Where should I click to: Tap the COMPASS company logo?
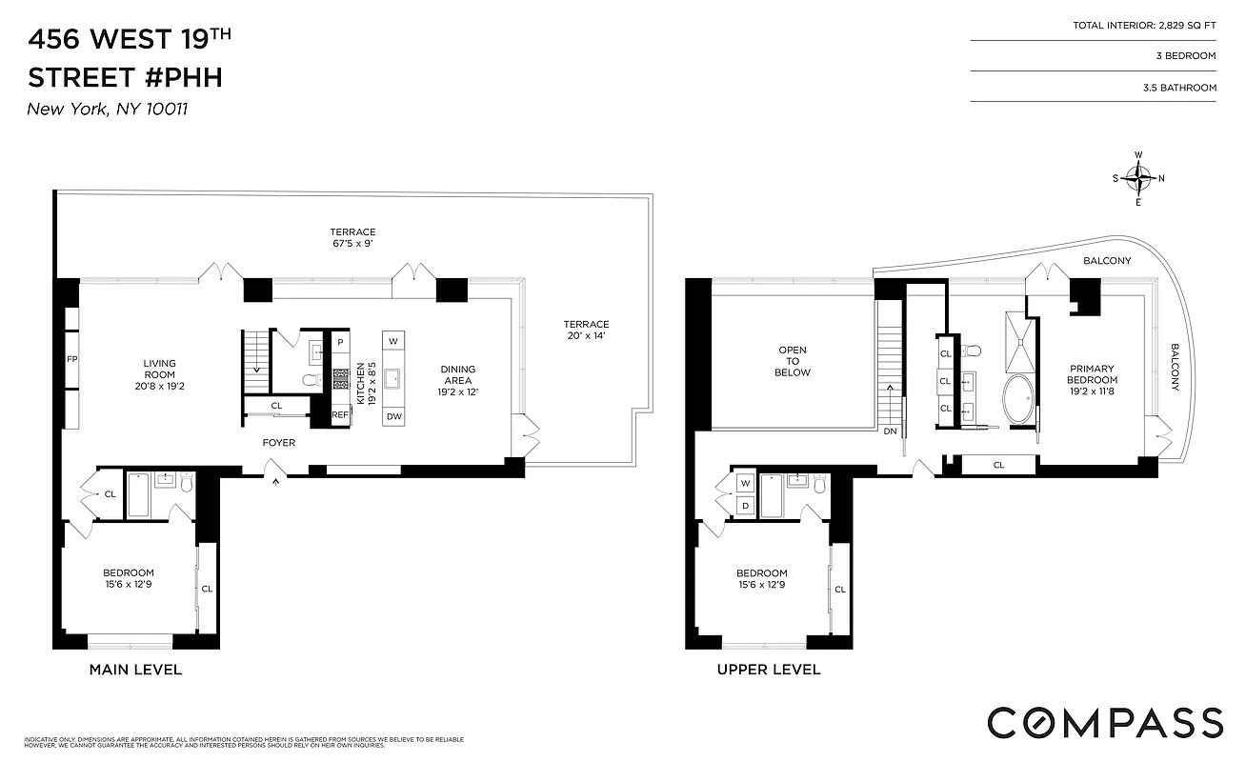[1104, 723]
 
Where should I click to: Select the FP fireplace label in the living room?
[71, 360]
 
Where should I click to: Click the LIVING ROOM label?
[160, 374]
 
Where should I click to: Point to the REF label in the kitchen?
[339, 414]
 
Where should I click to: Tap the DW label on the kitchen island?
[394, 415]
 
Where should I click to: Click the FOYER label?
[279, 443]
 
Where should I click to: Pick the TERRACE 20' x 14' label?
[585, 330]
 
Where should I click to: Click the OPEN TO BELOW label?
[793, 361]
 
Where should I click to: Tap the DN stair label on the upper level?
[890, 431]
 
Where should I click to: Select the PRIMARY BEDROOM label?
[1091, 374]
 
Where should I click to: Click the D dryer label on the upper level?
[745, 505]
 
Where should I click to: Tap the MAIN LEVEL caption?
[135, 670]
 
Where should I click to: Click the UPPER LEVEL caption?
[768, 670]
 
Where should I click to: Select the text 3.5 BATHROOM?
[1179, 88]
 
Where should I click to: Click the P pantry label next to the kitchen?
[339, 341]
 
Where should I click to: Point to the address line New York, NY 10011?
[108, 109]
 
